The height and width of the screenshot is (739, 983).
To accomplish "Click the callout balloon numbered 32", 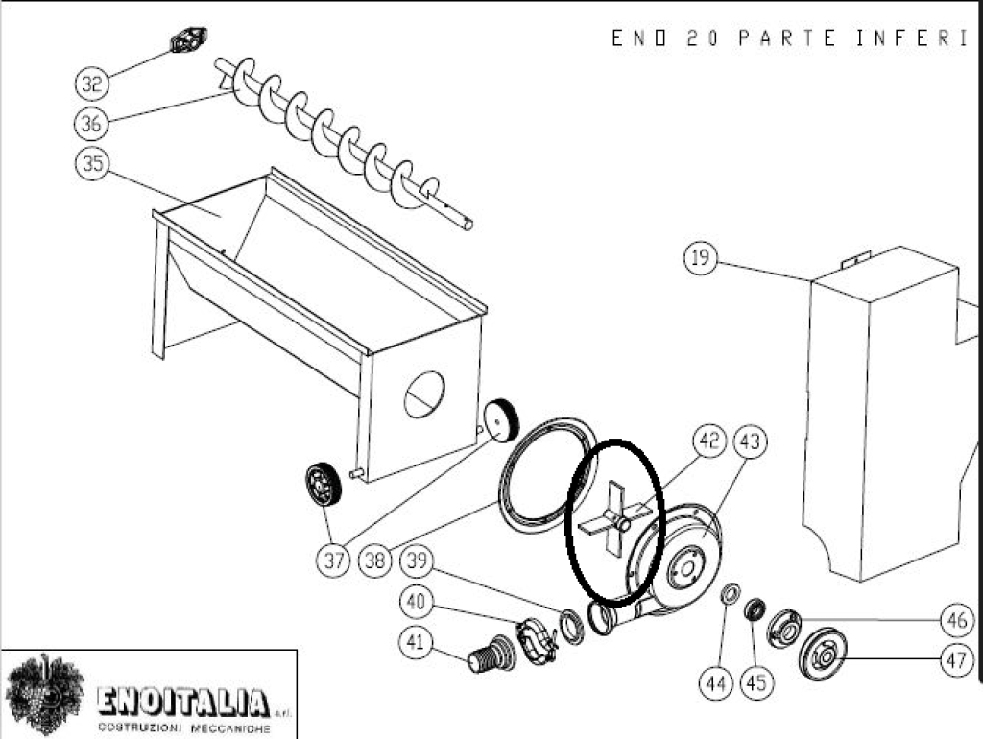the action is point(91,83).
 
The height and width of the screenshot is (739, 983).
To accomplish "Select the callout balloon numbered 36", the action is point(91,123).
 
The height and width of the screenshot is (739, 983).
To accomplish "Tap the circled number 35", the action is point(92,163).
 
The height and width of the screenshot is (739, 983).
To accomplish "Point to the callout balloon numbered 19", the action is point(700,257).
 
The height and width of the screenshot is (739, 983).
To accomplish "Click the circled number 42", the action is point(708,441).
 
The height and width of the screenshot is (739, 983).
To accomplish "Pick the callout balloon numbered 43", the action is point(750,441).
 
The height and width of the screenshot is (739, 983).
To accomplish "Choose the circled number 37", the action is point(334,560).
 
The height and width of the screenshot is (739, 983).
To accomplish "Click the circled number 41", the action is point(415,641).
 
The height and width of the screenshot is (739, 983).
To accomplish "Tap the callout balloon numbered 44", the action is point(716,682).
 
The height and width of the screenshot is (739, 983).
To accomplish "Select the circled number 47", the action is point(957,660).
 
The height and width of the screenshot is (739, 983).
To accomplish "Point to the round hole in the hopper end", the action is point(424,394).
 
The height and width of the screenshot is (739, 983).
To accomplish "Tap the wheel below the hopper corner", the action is point(324,485).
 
